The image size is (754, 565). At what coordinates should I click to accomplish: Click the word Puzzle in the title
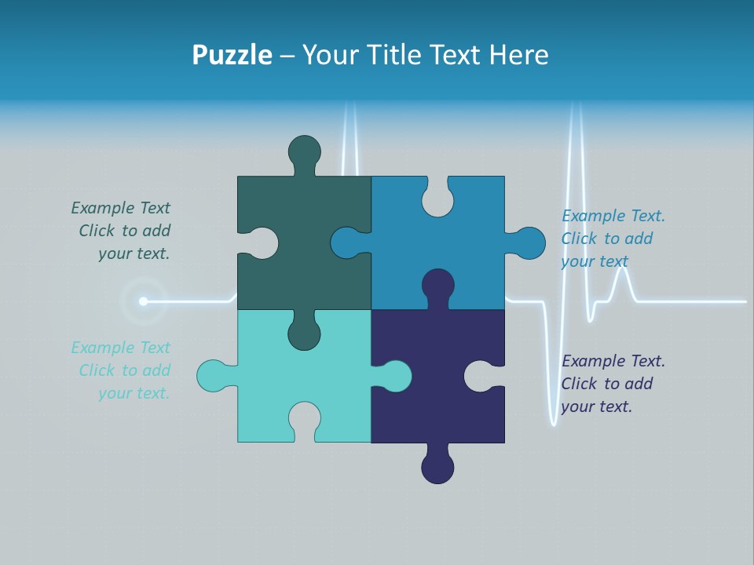pyautogui.click(x=232, y=55)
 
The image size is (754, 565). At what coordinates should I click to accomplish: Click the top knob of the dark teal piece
pyautogui.click(x=304, y=151)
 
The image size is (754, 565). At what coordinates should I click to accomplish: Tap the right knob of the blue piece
pyautogui.click(x=529, y=243)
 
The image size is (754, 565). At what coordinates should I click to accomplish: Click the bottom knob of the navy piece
pyautogui.click(x=437, y=467)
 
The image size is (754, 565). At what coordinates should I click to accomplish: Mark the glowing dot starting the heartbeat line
pyautogui.click(x=143, y=301)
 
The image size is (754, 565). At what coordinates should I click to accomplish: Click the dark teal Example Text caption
pyautogui.click(x=122, y=231)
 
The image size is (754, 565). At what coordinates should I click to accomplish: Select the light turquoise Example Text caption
pyautogui.click(x=122, y=370)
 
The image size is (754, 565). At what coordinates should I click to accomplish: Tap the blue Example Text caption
pyautogui.click(x=613, y=239)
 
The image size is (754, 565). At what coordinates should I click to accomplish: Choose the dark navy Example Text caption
pyautogui.click(x=613, y=384)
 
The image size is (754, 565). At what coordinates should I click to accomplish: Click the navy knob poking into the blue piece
pyautogui.click(x=437, y=284)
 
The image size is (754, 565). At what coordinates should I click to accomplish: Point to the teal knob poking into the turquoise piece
pyautogui.click(x=304, y=333)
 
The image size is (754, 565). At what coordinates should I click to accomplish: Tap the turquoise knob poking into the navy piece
pyautogui.click(x=394, y=376)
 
